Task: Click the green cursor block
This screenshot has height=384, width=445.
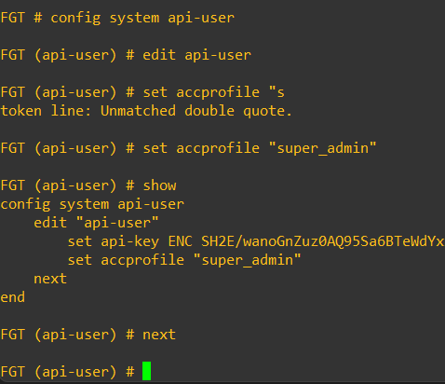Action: [146, 371]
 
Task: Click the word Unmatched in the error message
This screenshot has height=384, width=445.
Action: [138, 111]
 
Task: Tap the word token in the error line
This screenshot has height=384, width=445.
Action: [21, 111]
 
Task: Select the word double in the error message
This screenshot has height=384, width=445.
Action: [209, 111]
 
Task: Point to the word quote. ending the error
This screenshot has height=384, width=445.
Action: [267, 111]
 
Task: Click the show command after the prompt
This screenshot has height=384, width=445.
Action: [159, 185]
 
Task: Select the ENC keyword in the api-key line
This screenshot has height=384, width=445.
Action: [180, 241]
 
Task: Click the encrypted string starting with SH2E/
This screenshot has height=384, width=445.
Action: [323, 241]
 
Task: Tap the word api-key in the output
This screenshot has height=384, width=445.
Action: [129, 242]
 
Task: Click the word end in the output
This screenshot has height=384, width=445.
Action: [13, 297]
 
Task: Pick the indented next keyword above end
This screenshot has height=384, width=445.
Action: [50, 279]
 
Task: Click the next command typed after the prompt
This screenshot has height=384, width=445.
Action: [159, 335]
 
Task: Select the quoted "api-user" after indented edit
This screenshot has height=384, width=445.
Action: [117, 223]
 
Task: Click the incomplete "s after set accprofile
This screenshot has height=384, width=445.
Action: [276, 92]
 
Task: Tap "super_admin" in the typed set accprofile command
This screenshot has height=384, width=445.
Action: [323, 148]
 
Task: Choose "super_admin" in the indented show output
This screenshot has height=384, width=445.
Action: [248, 260]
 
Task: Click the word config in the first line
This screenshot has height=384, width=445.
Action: [75, 19]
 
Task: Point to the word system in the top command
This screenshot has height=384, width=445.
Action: [134, 19]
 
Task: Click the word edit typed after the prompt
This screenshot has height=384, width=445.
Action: [159, 55]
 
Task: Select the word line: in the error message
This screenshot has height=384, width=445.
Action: [71, 111]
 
